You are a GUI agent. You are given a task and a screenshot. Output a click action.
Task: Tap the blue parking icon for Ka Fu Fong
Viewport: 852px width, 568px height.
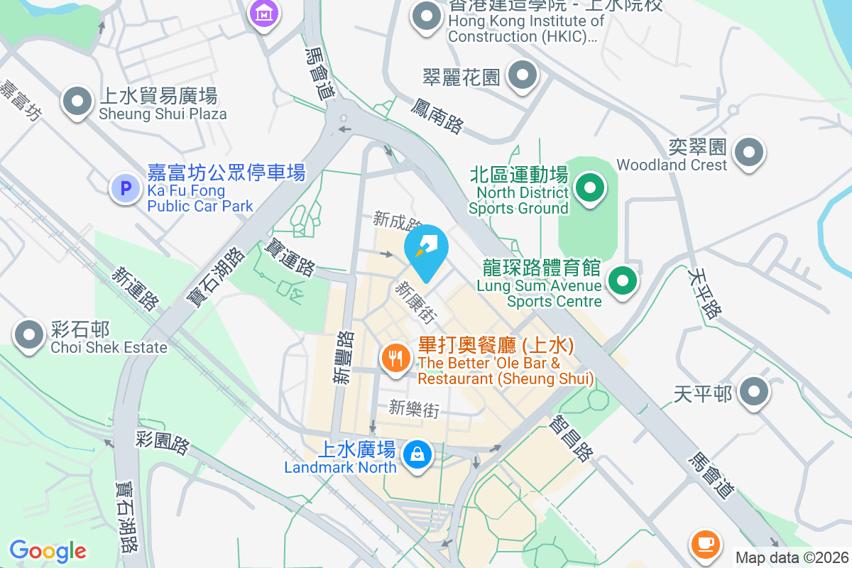click(126, 189)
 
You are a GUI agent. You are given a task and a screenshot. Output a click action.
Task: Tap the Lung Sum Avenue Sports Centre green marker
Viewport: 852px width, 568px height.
click(622, 280)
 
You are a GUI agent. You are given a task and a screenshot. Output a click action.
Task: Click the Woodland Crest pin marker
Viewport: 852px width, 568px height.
click(748, 152)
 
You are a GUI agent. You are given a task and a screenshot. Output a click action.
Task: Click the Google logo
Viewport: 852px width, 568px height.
click(48, 551)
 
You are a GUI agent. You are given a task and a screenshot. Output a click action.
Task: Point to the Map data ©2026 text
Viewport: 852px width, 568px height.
click(791, 558)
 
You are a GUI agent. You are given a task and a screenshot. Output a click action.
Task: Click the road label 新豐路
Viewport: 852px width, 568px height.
click(344, 358)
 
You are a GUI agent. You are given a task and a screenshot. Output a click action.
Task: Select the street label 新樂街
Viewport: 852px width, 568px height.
click(415, 408)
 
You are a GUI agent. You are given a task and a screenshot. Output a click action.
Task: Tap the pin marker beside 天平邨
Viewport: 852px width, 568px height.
click(753, 391)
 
